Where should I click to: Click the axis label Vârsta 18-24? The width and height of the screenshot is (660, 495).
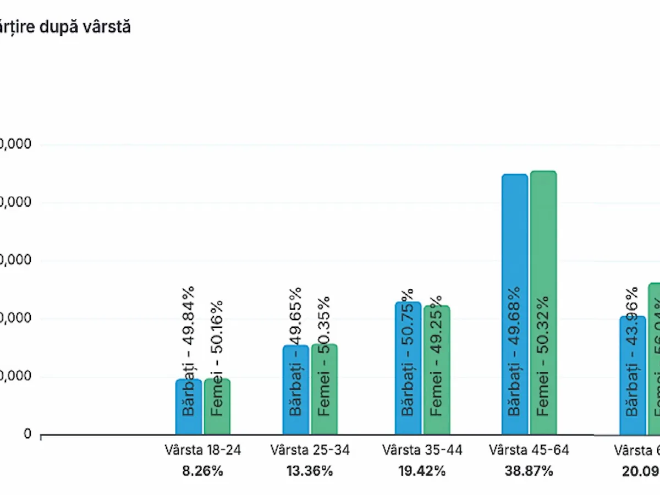coord(203,450)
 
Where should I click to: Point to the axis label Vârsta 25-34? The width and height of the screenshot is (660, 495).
coord(310,450)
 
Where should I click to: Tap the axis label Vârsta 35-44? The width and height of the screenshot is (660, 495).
coord(422,450)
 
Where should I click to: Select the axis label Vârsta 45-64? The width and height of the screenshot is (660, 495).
coord(529,450)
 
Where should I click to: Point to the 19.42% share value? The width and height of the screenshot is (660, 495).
coord(422,471)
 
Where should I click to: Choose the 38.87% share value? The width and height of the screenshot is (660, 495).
coord(529,471)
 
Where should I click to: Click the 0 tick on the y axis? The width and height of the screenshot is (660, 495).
coord(28,435)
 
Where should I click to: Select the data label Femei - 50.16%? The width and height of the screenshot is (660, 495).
coord(217,358)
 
